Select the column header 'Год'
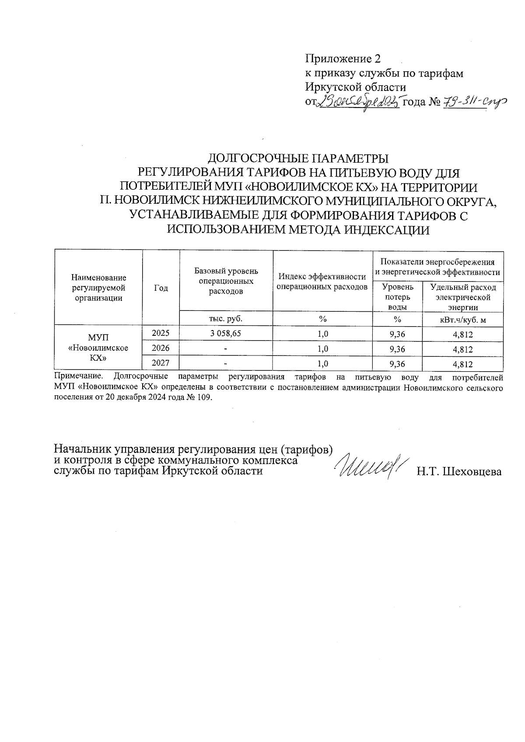[161, 288]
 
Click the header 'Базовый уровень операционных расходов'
[226, 281]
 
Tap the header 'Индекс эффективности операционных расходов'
[322, 282]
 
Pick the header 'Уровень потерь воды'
[397, 296]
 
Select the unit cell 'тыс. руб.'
[226, 319]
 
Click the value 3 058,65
[226, 334]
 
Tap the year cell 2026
[161, 348]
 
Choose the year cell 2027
[161, 363]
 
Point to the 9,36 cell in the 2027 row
[397, 364]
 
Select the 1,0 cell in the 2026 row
[322, 349]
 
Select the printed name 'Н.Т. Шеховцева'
[459, 471]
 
